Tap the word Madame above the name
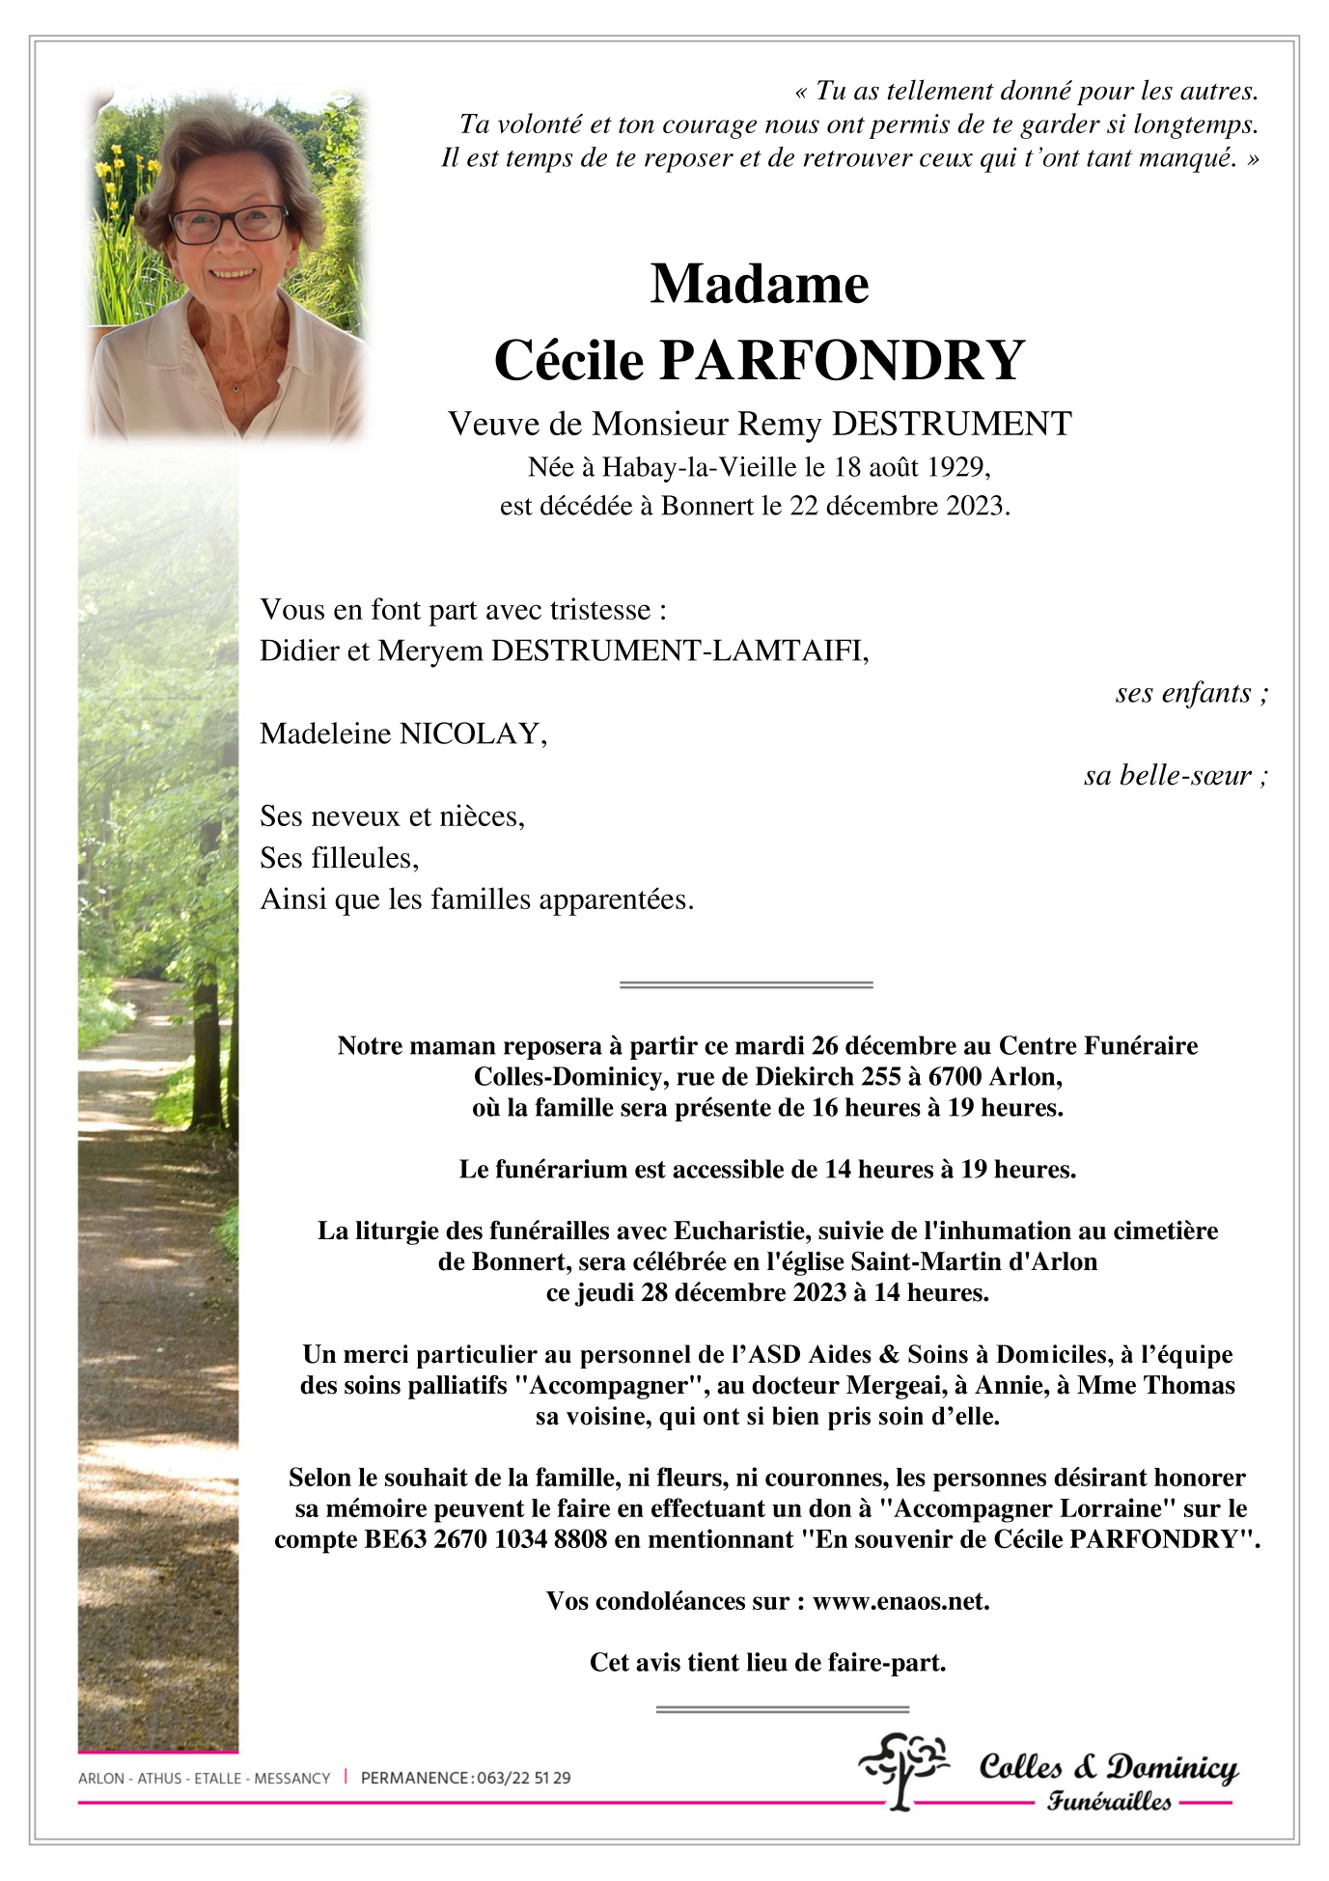coord(760,285)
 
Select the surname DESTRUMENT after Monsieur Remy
coord(951,424)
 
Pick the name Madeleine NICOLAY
coord(402,733)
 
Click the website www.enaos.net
coord(900,1601)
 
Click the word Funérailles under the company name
coord(1109,1801)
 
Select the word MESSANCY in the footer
coord(291,1778)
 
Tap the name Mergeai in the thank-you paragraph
coord(887,1385)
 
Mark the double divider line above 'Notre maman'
coord(746,984)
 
